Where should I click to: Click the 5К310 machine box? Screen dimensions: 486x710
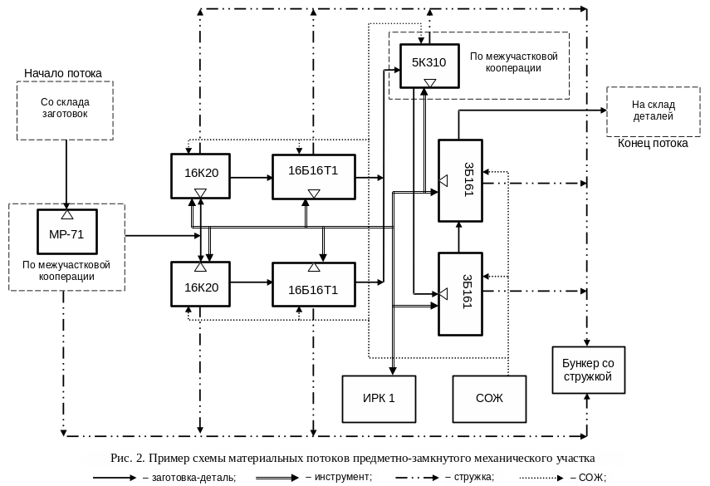pyautogui.click(x=428, y=66)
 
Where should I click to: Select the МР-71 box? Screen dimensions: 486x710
pyautogui.click(x=67, y=233)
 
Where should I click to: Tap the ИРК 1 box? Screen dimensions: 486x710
pyautogui.click(x=379, y=398)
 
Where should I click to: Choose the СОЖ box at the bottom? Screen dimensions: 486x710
pyautogui.click(x=489, y=398)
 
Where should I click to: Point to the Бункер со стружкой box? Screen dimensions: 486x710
pyautogui.click(x=588, y=370)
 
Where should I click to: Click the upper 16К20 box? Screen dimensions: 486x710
pyautogui.click(x=200, y=174)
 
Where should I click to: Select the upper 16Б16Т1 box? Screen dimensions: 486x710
pyautogui.click(x=313, y=175)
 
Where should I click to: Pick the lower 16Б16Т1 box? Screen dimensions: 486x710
pyautogui.click(x=313, y=285)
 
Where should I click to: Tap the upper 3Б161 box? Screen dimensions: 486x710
pyautogui.click(x=460, y=180)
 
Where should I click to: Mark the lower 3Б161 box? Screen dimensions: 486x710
pyautogui.click(x=460, y=294)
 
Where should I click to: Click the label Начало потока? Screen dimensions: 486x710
pyautogui.click(x=63, y=74)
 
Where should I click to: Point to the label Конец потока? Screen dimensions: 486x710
pyautogui.click(x=653, y=144)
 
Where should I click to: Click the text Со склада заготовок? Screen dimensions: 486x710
pyautogui.click(x=65, y=108)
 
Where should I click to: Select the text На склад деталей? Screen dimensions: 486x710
pyautogui.click(x=653, y=110)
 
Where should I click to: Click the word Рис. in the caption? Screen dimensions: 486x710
pyautogui.click(x=121, y=458)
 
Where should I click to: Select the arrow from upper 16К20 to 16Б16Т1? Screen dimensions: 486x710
pyautogui.click(x=252, y=177)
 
